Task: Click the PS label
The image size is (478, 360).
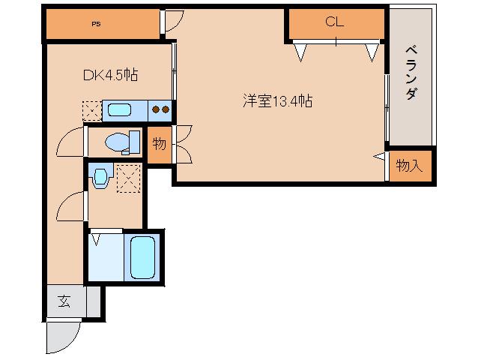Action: pyautogui.click(x=97, y=24)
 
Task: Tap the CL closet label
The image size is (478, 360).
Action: pyautogui.click(x=334, y=22)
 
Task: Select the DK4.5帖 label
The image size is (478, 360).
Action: pyautogui.click(x=110, y=75)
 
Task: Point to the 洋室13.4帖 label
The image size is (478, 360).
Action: pyautogui.click(x=277, y=100)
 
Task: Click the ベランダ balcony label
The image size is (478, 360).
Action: pyautogui.click(x=411, y=73)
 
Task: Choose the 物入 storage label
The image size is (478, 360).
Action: pyautogui.click(x=409, y=166)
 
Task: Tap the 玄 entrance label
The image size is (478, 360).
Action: pyautogui.click(x=64, y=301)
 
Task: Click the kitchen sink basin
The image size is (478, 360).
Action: pyautogui.click(x=119, y=110)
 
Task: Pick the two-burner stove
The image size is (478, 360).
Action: pyautogui.click(x=160, y=109)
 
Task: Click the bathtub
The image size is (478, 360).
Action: pyautogui.click(x=142, y=257)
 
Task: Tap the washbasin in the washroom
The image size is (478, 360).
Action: pyautogui.click(x=100, y=177)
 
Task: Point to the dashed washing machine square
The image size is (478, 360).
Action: pyautogui.click(x=129, y=178)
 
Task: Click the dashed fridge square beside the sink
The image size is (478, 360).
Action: pyautogui.click(x=91, y=110)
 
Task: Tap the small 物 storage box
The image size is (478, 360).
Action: pyautogui.click(x=159, y=145)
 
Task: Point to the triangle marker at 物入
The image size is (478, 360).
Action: pyautogui.click(x=379, y=156)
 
